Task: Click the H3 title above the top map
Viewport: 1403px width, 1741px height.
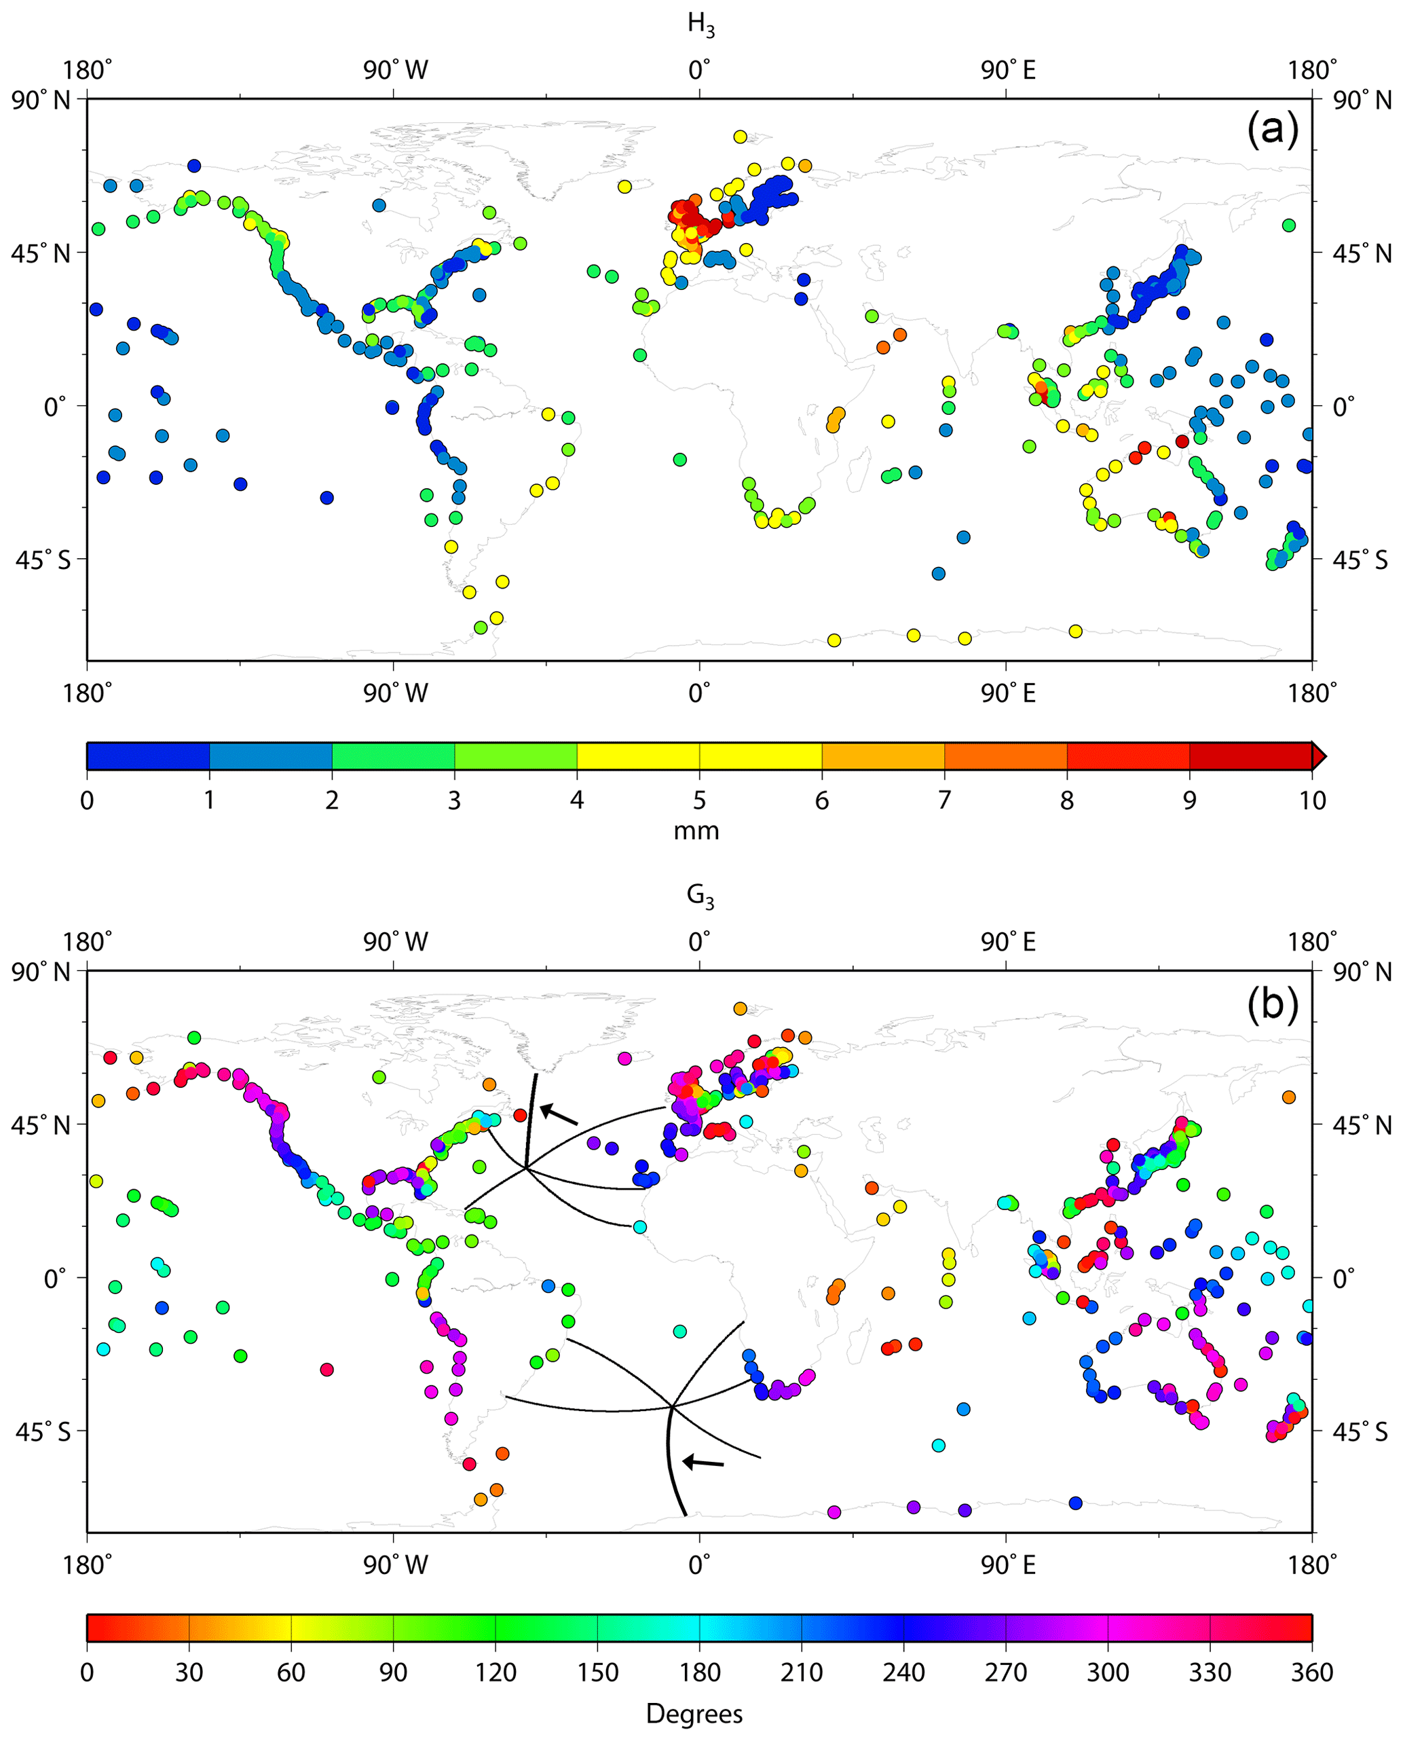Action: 700,24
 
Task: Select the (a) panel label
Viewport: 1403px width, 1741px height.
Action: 1272,129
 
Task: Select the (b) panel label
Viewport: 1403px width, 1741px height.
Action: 1272,1002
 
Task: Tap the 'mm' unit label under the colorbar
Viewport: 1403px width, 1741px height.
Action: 696,831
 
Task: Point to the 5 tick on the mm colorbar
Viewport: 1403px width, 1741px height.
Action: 699,800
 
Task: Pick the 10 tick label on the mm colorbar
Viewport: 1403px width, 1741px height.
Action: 1311,800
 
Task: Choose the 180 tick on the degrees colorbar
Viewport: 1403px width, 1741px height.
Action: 699,1672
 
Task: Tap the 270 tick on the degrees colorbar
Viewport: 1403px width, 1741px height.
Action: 1005,1672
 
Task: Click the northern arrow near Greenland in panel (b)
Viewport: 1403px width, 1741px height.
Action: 559,1114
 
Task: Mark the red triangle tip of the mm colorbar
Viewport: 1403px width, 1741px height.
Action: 1318,756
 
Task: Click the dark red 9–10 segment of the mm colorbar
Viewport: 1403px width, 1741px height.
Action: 1250,756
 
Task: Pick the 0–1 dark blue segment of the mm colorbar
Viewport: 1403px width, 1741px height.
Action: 148,756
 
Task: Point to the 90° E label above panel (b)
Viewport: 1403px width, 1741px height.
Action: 1008,942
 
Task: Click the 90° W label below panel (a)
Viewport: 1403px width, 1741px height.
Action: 394,693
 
